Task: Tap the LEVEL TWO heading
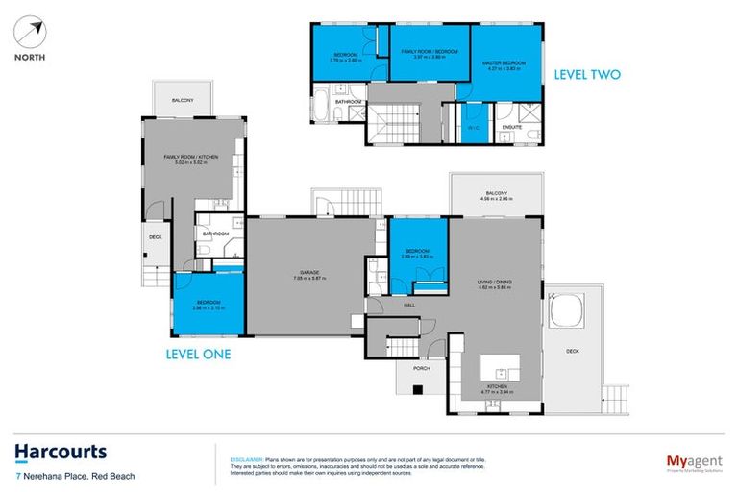(x=588, y=74)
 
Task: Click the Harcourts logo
(x=60, y=453)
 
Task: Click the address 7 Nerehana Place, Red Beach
(x=74, y=476)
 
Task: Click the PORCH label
(x=421, y=368)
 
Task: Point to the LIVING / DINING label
(x=496, y=281)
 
